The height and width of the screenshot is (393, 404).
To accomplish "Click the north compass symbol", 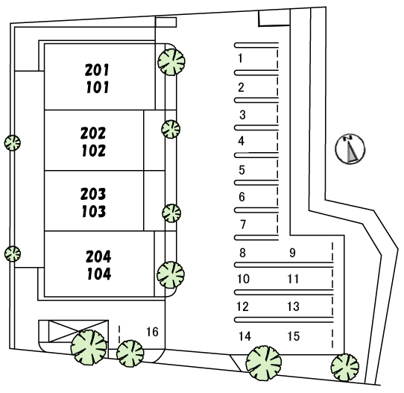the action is [350, 148].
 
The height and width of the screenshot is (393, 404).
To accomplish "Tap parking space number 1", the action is [240, 58].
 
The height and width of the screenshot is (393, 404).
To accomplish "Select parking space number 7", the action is [243, 224].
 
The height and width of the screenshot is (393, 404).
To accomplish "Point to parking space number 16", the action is [152, 332].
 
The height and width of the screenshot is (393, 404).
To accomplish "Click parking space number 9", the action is [292, 253].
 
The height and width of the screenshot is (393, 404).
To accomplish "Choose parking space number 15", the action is [294, 336].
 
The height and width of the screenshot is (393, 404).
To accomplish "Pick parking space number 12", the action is [242, 306].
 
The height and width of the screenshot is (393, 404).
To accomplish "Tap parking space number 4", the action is [241, 141].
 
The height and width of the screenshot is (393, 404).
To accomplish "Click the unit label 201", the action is [97, 70].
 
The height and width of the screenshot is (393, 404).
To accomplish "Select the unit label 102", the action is [93, 151].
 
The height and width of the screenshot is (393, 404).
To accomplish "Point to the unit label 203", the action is [93, 194].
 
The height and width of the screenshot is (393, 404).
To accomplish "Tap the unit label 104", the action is [99, 274].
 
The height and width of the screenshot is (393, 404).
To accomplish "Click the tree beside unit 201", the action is [171, 62].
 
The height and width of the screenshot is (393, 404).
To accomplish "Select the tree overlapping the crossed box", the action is [89, 347].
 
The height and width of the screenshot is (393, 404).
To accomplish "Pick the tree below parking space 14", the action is [264, 363].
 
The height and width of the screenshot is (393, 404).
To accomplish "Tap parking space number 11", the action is [293, 279].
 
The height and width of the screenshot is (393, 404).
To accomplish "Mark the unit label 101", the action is [98, 87].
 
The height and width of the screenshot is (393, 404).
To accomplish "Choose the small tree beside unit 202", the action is [171, 129].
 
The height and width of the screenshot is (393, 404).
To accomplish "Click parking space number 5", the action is [242, 170].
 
